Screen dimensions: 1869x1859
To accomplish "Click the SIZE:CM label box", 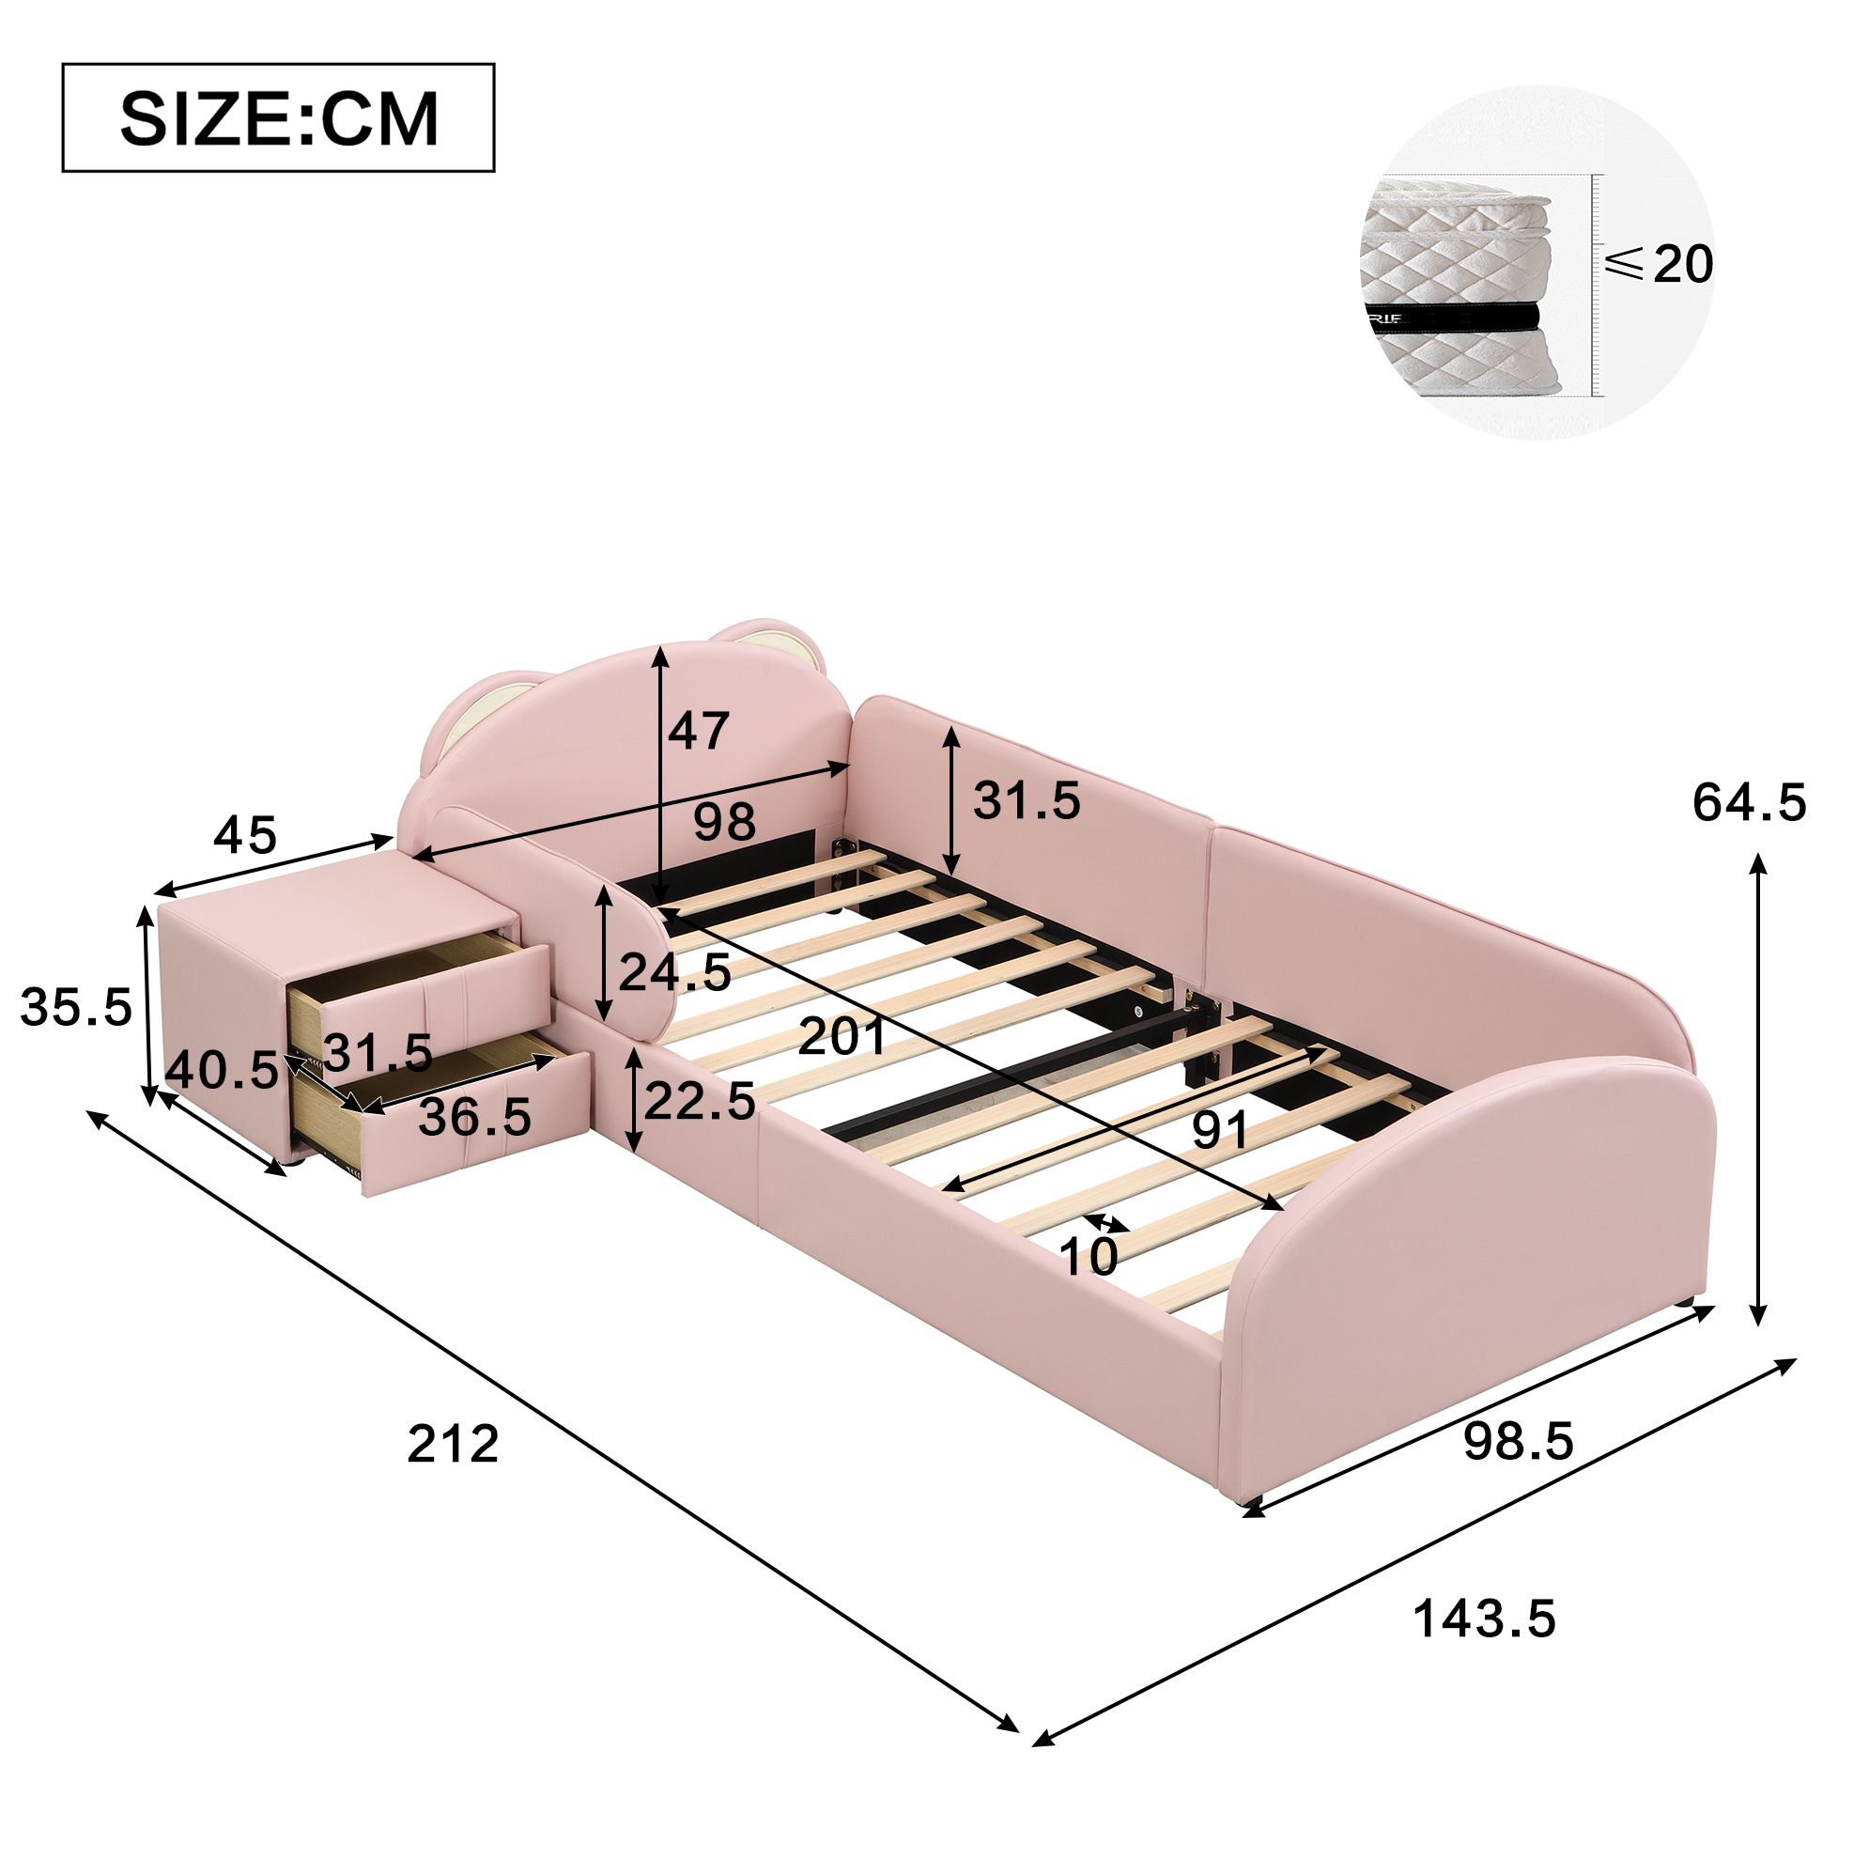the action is [x=279, y=118].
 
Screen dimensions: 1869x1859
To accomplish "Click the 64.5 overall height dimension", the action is [x=1749, y=803].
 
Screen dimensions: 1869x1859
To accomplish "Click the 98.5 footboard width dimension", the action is [x=1518, y=1468].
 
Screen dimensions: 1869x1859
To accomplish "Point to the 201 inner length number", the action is [x=842, y=1036].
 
